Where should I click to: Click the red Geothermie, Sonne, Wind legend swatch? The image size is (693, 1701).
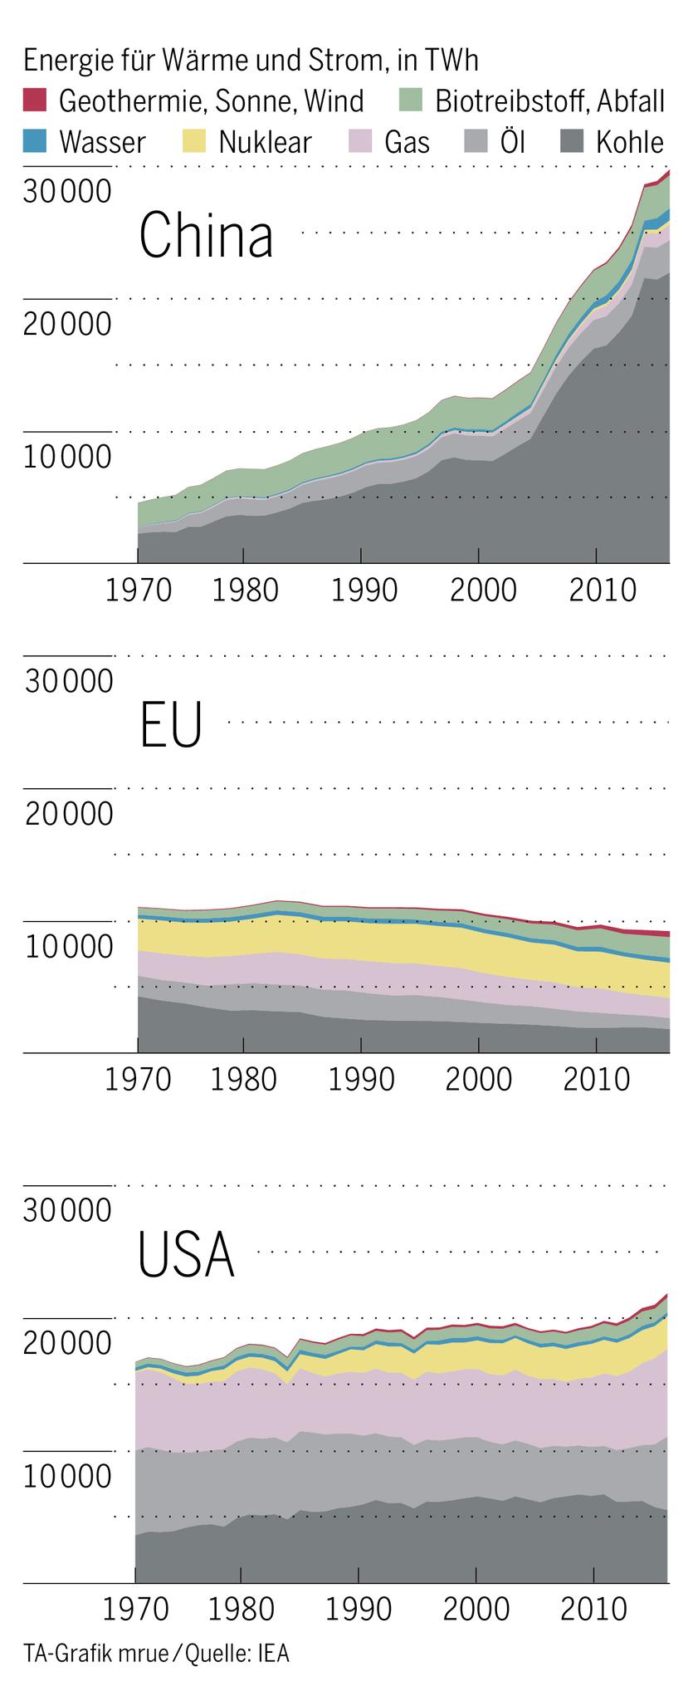37,100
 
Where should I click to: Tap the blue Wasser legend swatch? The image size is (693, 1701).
37,141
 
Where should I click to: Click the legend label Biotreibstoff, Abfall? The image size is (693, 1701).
549,101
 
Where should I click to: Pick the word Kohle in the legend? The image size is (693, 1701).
629,142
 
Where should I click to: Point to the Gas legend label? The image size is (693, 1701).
407,142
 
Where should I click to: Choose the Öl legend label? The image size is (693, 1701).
513,142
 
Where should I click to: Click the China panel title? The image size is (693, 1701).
206,235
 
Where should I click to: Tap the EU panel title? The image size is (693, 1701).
171,725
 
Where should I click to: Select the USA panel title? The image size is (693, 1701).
187,1254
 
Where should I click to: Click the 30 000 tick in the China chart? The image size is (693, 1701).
67,191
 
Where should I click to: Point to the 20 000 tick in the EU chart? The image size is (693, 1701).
69,814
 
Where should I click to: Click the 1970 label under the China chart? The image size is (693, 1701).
139,591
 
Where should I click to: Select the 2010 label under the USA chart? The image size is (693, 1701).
592,1609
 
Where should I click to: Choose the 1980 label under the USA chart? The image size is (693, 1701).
241,1609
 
